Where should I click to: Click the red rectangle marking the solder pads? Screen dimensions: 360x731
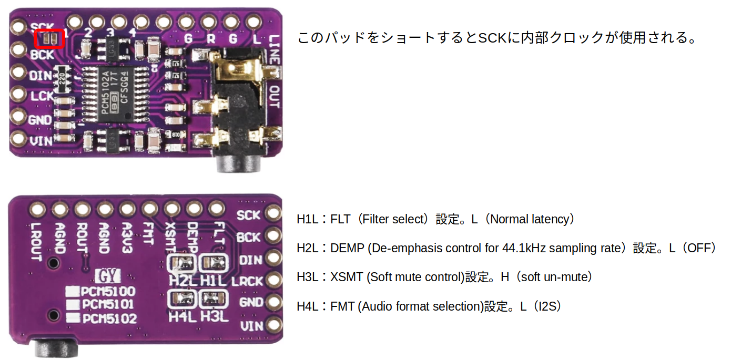pos(49,38)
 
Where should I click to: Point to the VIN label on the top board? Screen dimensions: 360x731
pos(40,140)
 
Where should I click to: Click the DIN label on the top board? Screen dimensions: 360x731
pos(40,76)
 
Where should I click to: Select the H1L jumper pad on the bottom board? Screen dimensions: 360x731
pos(213,261)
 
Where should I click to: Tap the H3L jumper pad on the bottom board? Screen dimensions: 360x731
pos(213,298)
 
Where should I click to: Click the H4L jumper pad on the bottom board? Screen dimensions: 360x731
pos(181,299)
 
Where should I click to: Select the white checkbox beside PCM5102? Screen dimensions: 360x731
pos(73,318)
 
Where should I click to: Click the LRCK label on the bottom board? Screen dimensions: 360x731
pos(247,281)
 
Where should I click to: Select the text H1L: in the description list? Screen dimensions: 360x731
pos(312,219)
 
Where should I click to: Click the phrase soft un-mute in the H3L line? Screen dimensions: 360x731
pos(553,277)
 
